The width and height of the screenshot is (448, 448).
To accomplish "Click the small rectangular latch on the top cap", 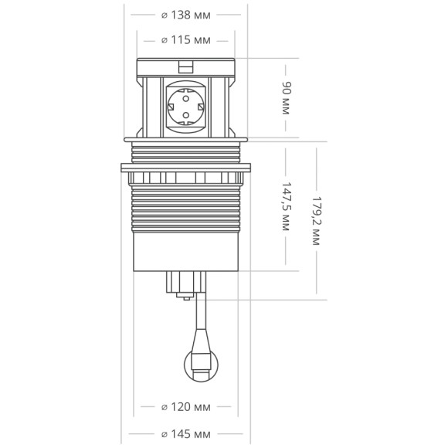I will pyautogui.click(x=185, y=67).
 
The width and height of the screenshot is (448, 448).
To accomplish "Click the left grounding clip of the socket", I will pyautogui.click(x=171, y=107).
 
